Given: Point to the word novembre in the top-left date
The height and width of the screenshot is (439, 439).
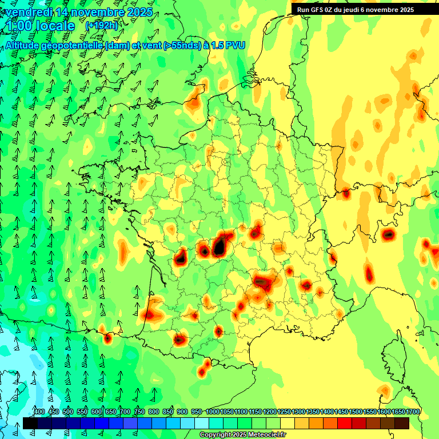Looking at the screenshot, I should pos(101,12).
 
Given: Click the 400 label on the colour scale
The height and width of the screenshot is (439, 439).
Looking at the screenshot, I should pos(39,412).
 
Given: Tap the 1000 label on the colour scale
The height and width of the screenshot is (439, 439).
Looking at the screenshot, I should pos(213,412).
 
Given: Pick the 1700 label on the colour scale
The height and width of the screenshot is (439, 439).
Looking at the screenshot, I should pos(413,412).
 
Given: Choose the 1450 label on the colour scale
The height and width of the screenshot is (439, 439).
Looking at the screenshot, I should pos(341,412).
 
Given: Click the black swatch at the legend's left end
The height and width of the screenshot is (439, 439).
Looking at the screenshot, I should pos(30,424).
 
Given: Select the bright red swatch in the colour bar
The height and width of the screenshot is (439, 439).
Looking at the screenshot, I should pos(345,424).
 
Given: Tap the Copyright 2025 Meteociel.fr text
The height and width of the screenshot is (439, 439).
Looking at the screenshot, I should pos(242,435).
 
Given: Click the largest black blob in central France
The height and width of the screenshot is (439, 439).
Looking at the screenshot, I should pos(218,247).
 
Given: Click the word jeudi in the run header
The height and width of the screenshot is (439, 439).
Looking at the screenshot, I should pos(359,9).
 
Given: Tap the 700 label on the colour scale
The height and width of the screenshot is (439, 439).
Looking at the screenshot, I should pos(126,412).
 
